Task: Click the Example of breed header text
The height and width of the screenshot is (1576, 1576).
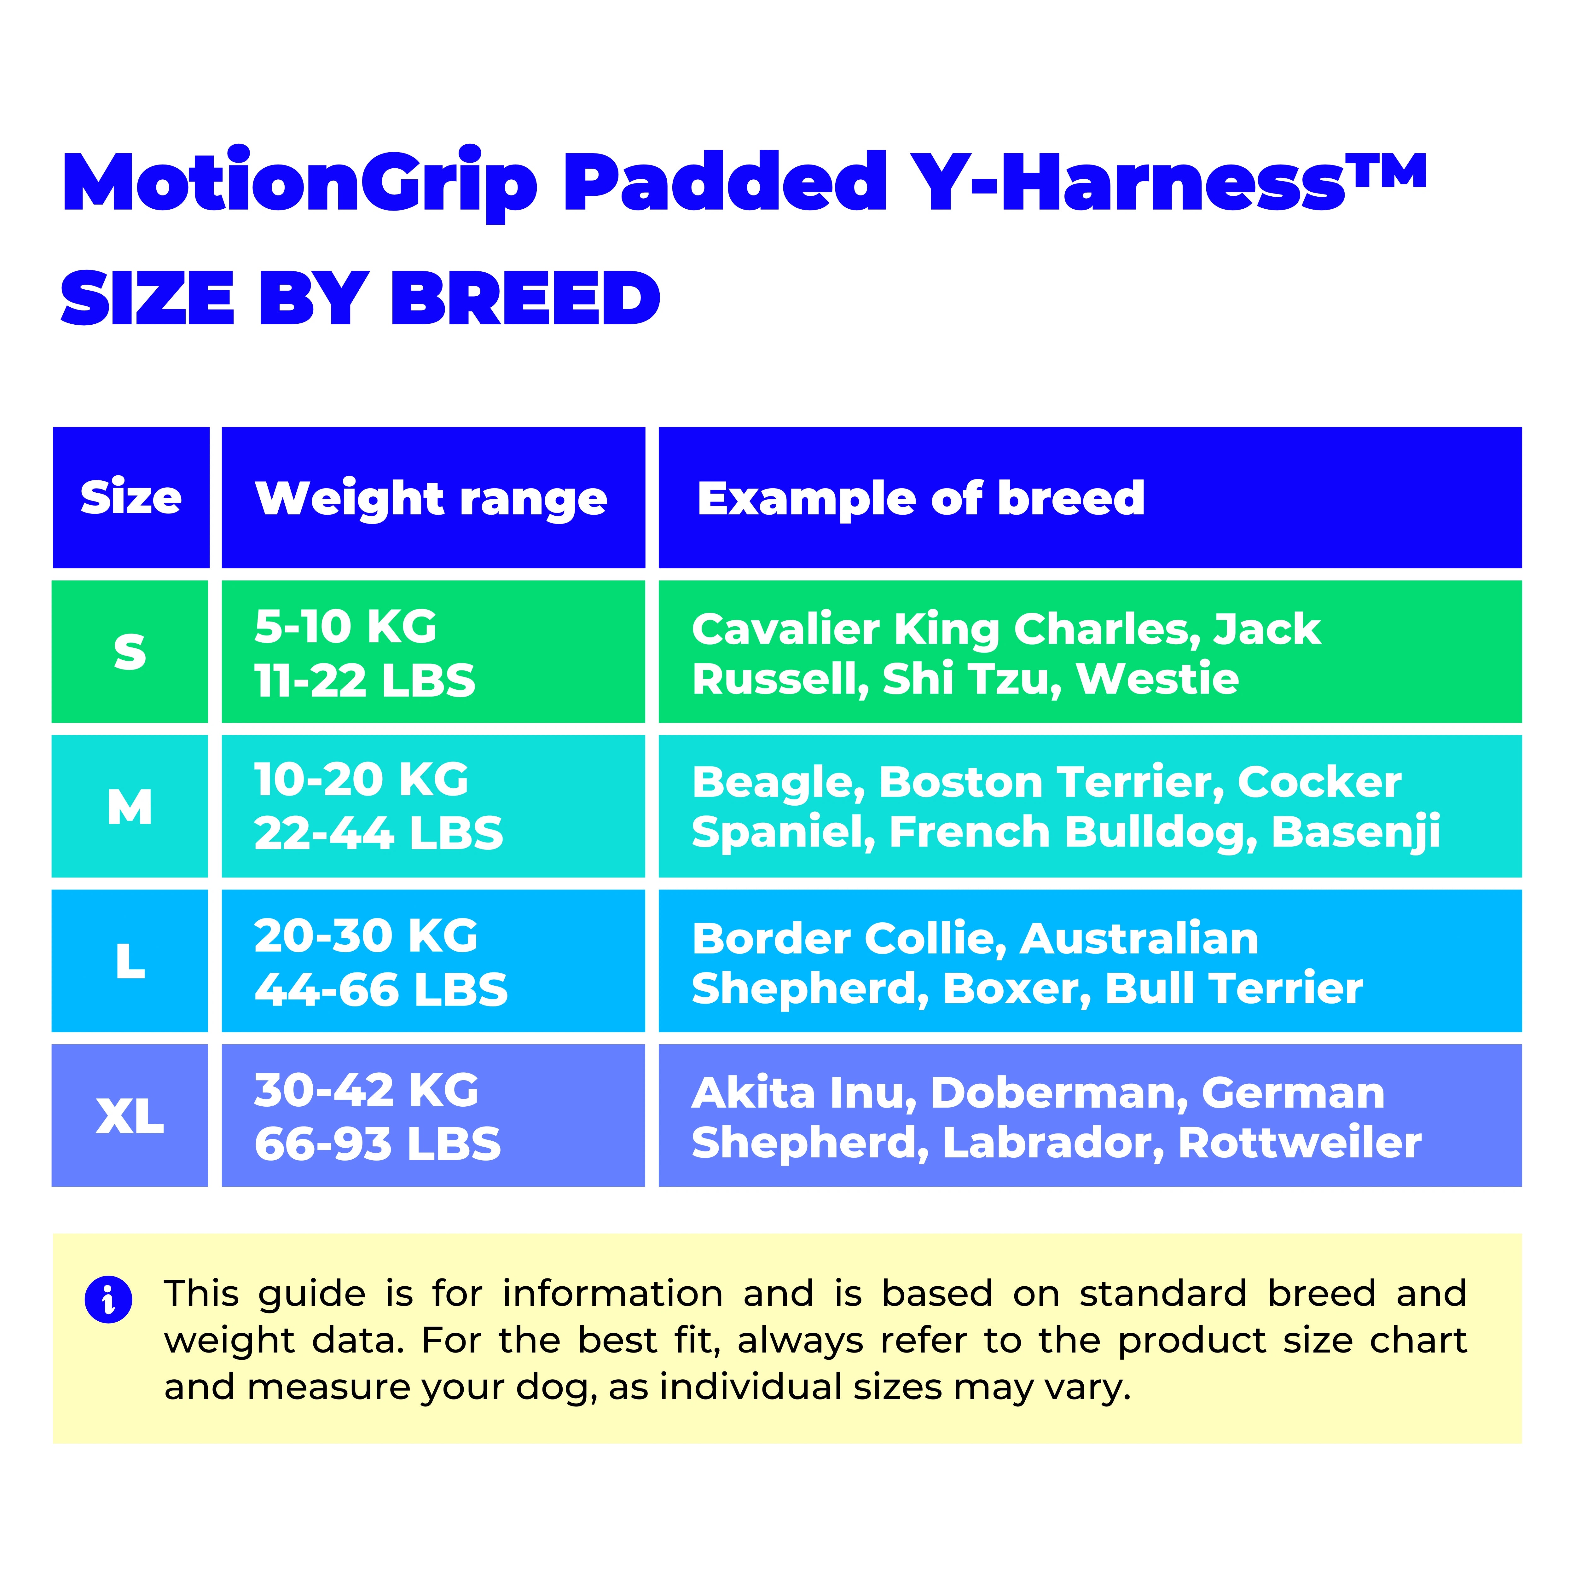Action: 921,498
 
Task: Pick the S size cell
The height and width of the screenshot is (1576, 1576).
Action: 130,652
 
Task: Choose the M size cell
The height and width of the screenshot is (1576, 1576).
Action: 130,807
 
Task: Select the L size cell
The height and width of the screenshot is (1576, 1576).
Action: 130,961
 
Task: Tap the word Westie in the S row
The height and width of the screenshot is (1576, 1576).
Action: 1157,679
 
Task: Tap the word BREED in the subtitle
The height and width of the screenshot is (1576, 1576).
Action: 525,298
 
